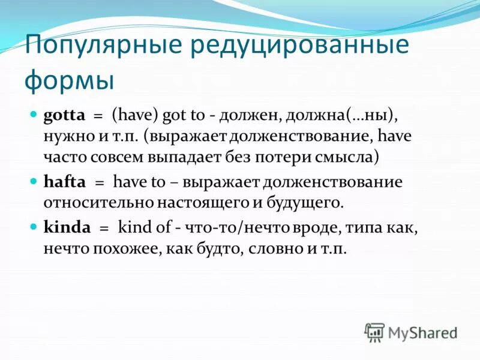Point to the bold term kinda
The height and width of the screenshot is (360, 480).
pyautogui.click(x=67, y=227)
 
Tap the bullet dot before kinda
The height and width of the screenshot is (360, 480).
pyautogui.click(x=34, y=226)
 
